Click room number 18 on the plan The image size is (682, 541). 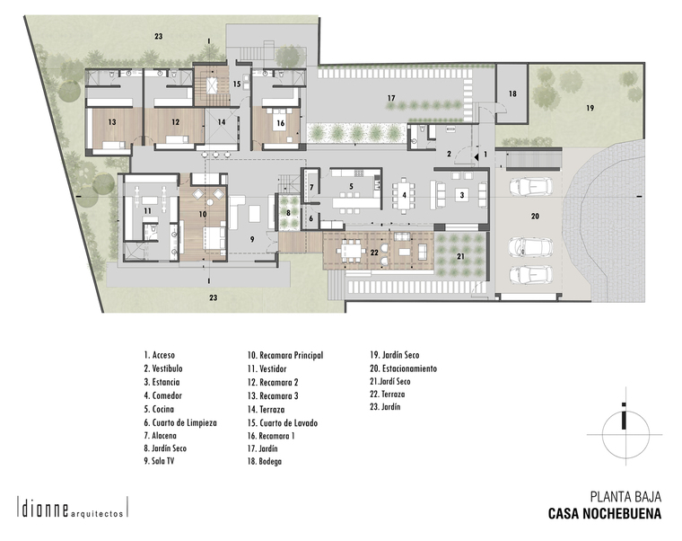point(512,93)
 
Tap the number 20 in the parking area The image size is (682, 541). point(535,216)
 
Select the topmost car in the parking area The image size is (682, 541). point(530,187)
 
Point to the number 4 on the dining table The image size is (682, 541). point(404,195)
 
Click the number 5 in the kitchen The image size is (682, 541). point(351,186)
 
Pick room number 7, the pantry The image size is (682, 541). point(311,188)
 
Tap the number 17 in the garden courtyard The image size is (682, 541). point(391,99)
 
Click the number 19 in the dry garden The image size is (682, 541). point(590,108)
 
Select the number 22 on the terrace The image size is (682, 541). point(374,253)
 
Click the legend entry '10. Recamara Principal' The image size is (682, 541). point(285,356)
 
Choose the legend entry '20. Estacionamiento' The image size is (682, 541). point(403,369)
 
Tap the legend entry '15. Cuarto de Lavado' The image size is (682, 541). point(283,423)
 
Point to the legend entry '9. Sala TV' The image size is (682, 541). point(159,461)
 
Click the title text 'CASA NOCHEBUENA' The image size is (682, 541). point(605,513)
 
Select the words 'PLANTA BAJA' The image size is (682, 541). point(625,497)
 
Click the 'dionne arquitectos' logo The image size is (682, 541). point(72,508)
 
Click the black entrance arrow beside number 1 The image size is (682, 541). point(477,156)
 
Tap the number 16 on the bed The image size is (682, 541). point(281,123)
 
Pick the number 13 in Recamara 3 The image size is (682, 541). point(112,122)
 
